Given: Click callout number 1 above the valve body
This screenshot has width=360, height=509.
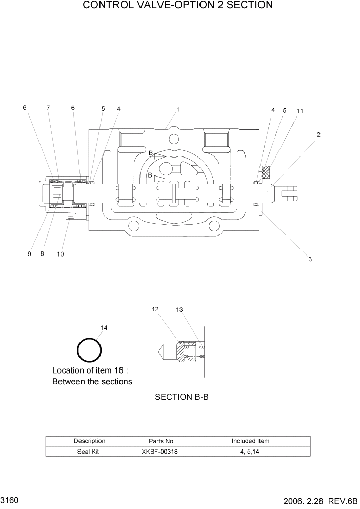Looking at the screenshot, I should click(x=177, y=109).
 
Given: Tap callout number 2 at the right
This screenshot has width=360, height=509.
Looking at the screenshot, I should click(x=318, y=135).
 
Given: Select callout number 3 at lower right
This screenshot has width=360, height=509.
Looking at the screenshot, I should click(x=310, y=259).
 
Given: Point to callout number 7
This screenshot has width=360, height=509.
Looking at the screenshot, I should click(x=48, y=108).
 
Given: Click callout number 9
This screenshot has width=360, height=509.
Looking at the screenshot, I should click(x=29, y=253).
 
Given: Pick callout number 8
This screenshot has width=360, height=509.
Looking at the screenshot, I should click(x=42, y=253).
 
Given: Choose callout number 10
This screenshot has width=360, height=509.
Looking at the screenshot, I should click(x=60, y=254).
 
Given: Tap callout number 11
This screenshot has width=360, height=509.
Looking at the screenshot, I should click(x=300, y=111).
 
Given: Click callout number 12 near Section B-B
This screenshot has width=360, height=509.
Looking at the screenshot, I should click(x=155, y=309).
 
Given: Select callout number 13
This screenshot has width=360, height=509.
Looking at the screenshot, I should click(x=179, y=310).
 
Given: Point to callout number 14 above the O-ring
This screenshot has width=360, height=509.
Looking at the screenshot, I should click(x=104, y=327).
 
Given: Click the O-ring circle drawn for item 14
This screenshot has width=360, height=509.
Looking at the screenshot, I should click(x=89, y=350).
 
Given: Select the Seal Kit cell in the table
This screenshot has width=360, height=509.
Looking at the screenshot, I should click(x=89, y=451).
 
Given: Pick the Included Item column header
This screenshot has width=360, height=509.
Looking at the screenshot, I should click(x=250, y=441).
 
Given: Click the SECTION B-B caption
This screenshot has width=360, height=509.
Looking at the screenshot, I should click(x=182, y=397).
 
